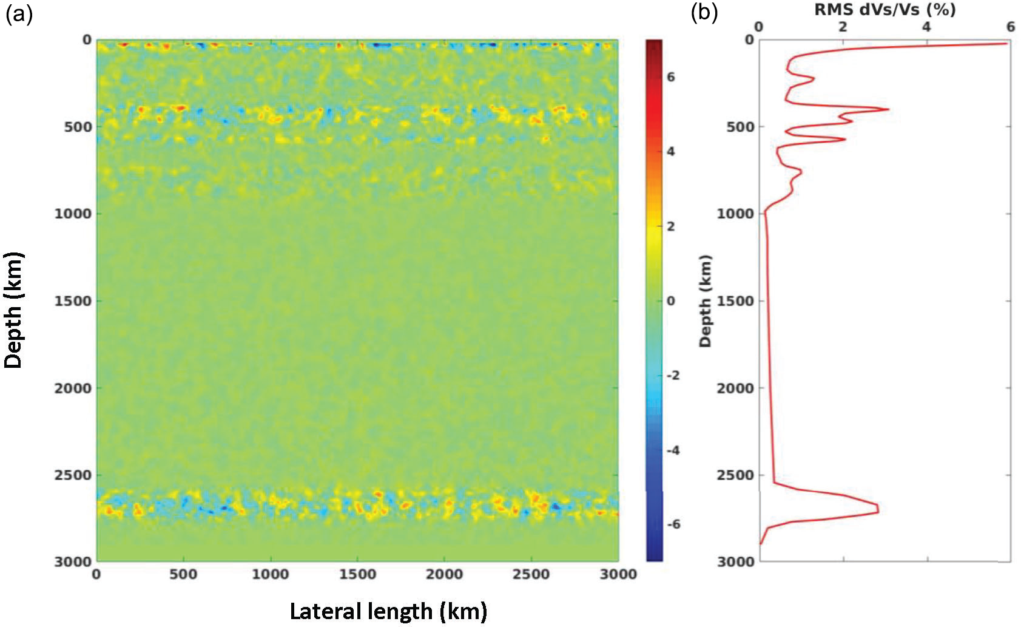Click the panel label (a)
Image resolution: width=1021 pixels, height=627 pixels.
pyautogui.click(x=18, y=13)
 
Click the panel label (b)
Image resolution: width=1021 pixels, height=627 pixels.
pyautogui.click(x=704, y=12)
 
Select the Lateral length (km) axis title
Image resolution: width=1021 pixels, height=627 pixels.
pyautogui.click(x=388, y=611)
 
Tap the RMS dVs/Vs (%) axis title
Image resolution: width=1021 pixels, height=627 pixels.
pyautogui.click(x=885, y=10)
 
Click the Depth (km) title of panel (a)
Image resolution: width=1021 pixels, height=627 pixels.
pyautogui.click(x=13, y=310)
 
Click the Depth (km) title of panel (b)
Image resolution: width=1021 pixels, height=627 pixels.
pyautogui.click(x=705, y=300)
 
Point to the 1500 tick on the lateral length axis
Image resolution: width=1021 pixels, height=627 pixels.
pyautogui.click(x=357, y=574)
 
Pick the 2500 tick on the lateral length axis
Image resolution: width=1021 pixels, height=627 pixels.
pyautogui.click(x=531, y=574)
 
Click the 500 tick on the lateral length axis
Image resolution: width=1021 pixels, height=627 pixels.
pyautogui.click(x=183, y=574)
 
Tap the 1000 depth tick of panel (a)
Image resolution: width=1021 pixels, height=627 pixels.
pyautogui.click(x=73, y=214)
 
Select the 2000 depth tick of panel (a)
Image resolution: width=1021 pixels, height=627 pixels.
pyautogui.click(x=73, y=388)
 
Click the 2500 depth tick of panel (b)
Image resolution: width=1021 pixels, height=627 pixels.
pyautogui.click(x=735, y=475)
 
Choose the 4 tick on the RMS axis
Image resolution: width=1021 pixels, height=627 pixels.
pyautogui.click(x=926, y=27)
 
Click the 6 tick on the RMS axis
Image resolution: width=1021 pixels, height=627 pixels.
pyautogui.click(x=1010, y=27)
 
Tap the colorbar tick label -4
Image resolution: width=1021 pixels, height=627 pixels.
pyautogui.click(x=673, y=450)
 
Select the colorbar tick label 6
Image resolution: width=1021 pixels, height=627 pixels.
pyautogui.click(x=671, y=77)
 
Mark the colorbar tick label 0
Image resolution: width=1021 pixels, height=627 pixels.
pyautogui.click(x=671, y=301)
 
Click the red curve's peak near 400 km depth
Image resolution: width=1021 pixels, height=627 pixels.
pyautogui.click(x=888, y=109)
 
